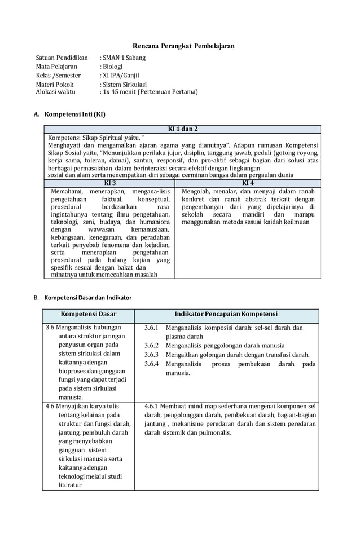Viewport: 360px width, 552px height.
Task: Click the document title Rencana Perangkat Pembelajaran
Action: point(183,46)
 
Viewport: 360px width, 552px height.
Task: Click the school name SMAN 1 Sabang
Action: point(124,58)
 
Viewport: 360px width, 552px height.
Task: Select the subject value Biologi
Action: point(112,67)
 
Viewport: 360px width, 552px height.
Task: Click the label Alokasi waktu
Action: point(55,91)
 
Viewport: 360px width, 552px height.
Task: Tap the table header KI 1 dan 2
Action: point(183,129)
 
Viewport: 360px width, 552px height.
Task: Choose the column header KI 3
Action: point(110,183)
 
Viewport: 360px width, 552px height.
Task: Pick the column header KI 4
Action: point(248,183)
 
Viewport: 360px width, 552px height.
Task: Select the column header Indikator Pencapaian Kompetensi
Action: point(226,314)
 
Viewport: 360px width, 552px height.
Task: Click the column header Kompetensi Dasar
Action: point(89,314)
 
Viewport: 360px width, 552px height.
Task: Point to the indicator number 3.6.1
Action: point(151,328)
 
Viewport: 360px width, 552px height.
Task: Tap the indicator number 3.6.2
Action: point(151,346)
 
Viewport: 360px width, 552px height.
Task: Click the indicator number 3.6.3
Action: point(151,355)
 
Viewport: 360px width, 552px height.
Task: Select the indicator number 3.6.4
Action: point(151,364)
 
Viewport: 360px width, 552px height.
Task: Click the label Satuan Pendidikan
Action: point(62,58)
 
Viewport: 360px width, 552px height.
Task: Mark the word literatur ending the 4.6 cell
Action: point(70,485)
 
